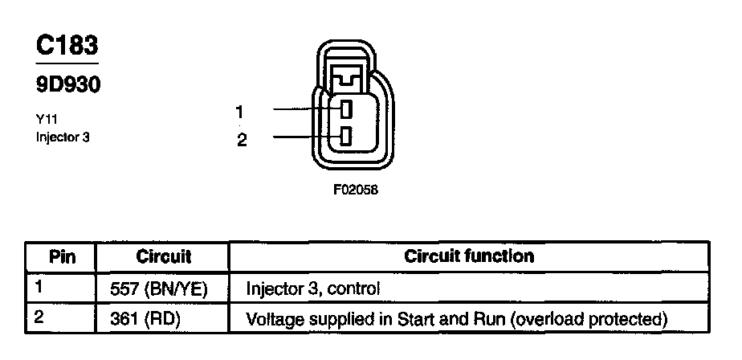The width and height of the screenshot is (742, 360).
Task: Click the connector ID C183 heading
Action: [67, 46]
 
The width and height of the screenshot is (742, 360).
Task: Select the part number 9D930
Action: [68, 84]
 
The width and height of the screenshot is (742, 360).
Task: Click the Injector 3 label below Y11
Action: [63, 137]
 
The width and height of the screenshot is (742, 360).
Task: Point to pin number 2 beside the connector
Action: [242, 139]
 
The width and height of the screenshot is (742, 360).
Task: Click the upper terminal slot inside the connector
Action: [345, 110]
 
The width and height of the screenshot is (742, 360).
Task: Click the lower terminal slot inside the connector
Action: [345, 136]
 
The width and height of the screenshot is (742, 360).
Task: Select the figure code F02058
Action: [351, 191]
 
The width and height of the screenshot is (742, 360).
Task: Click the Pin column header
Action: [63, 257]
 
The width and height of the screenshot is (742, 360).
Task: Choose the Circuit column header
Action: [163, 257]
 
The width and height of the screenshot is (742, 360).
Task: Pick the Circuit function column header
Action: [469, 257]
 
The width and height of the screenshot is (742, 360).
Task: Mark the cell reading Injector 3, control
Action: [313, 288]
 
